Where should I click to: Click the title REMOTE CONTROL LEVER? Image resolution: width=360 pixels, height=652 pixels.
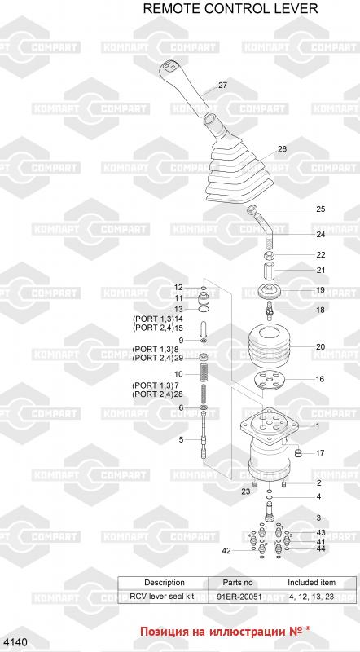coord(230,8)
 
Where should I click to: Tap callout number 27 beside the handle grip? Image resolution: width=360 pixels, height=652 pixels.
coord(223,86)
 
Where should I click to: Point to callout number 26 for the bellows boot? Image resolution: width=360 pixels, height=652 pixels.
coord(283,149)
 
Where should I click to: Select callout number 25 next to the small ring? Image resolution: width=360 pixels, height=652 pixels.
coord(321,209)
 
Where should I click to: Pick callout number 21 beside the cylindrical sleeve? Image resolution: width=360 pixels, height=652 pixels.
coord(321,271)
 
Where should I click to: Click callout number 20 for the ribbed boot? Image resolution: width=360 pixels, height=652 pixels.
coord(321,347)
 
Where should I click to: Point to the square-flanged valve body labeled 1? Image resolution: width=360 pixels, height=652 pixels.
coord(270,445)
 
